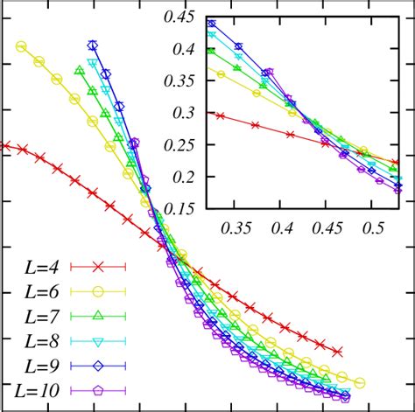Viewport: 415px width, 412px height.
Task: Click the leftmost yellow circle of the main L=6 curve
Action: [x=21, y=46]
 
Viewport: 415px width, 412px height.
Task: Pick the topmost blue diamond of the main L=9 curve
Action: [x=93, y=45]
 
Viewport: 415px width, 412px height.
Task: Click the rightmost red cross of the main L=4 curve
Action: [x=338, y=352]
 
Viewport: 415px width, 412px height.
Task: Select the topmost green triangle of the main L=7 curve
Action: [x=79, y=70]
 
